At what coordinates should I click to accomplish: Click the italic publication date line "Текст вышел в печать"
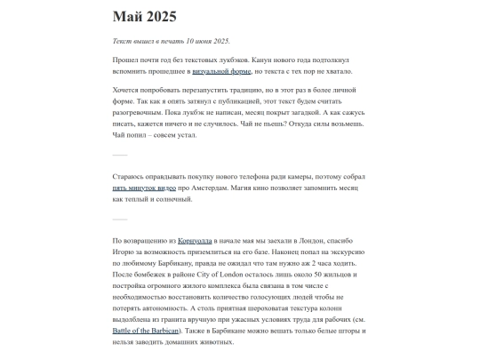coord(171,41)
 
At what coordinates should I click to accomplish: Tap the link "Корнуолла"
coord(196,241)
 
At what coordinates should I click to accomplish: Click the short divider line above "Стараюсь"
coord(120,155)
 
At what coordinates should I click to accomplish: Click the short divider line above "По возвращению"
coord(120,219)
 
